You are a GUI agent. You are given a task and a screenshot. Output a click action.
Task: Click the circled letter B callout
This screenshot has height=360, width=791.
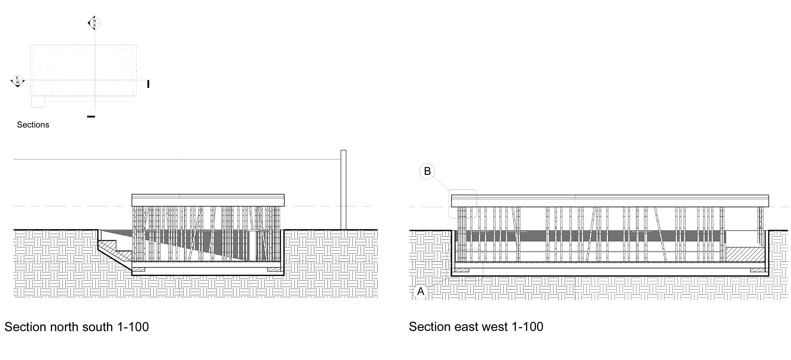click(x=427, y=171)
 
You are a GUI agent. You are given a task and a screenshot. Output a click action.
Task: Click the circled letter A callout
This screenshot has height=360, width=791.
click(x=421, y=291)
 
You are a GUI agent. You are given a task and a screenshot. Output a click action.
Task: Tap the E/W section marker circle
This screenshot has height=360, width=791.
click(x=17, y=80)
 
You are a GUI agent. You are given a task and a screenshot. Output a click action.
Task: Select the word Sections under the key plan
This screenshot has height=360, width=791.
click(x=33, y=125)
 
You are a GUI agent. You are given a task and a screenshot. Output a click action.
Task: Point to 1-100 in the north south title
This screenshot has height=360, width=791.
click(x=133, y=327)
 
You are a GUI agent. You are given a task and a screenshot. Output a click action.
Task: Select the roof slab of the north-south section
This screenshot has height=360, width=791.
click(x=208, y=200)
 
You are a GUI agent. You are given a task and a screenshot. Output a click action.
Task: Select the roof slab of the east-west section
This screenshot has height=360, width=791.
click(x=610, y=201)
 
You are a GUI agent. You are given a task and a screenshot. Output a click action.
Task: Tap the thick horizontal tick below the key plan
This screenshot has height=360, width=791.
click(x=91, y=116)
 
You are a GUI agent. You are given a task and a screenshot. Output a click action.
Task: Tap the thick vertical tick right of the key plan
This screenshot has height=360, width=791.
click(x=148, y=84)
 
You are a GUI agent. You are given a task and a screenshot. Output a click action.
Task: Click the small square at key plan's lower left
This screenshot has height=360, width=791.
click(x=38, y=102)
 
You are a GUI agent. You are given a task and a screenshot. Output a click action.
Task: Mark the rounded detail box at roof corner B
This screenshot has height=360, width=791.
click(x=462, y=204)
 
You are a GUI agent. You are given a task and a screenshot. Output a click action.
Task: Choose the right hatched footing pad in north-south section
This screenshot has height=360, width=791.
click(x=274, y=270)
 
